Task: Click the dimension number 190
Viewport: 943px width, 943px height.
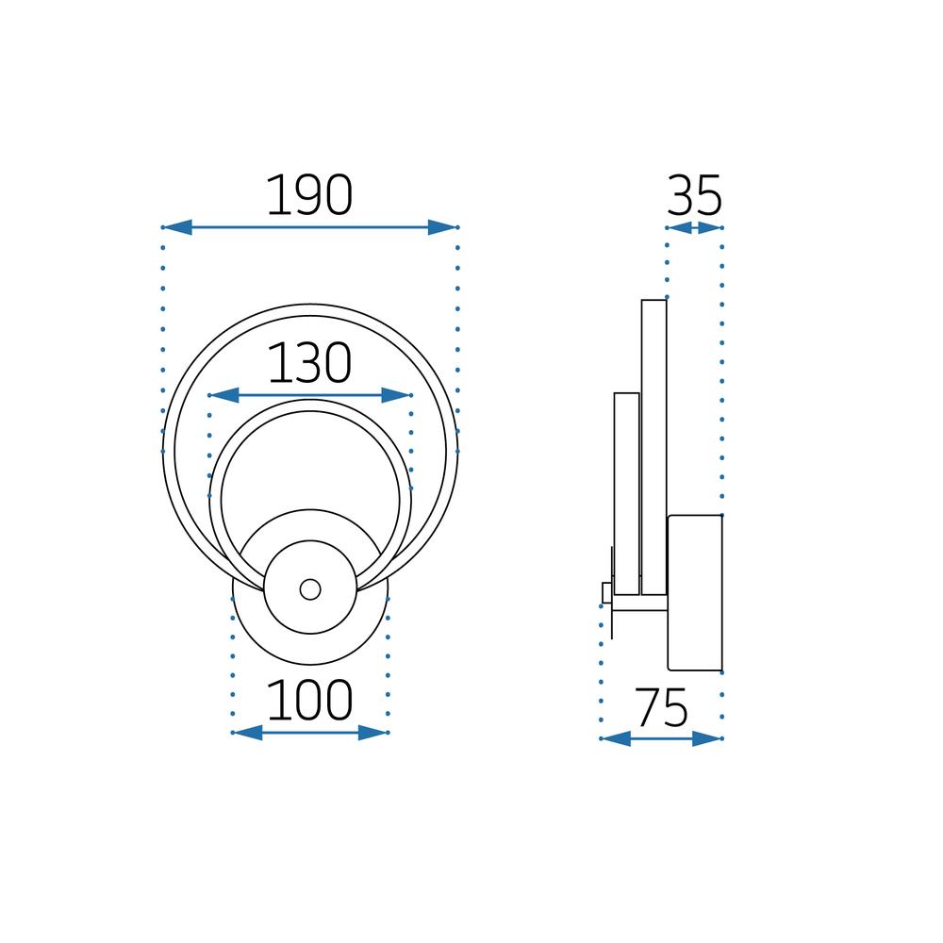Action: coord(309,196)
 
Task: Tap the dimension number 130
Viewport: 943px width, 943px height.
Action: coord(309,364)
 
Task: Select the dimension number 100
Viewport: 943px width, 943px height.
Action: coord(309,701)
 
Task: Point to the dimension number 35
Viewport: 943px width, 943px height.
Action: coord(694,196)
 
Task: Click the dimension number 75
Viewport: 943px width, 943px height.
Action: coord(661,708)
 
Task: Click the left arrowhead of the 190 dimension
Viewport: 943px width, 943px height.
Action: coord(177,227)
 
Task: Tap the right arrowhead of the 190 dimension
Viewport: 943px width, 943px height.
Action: coord(442,227)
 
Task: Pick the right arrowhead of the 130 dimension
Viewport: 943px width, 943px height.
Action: coord(397,395)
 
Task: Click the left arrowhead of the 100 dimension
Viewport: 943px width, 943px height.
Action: coord(247,733)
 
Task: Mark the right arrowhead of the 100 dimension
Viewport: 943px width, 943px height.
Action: coord(373,733)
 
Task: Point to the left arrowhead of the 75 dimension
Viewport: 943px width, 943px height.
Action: coord(616,738)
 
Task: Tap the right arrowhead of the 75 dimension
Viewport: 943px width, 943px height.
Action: coord(707,738)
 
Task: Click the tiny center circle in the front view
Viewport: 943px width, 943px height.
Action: coord(309,589)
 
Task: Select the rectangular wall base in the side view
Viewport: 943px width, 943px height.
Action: coord(695,592)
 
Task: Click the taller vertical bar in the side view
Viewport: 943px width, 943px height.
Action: coord(653,447)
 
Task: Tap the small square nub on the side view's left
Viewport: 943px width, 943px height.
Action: coord(606,591)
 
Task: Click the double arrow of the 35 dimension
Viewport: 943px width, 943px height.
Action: coord(694,227)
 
